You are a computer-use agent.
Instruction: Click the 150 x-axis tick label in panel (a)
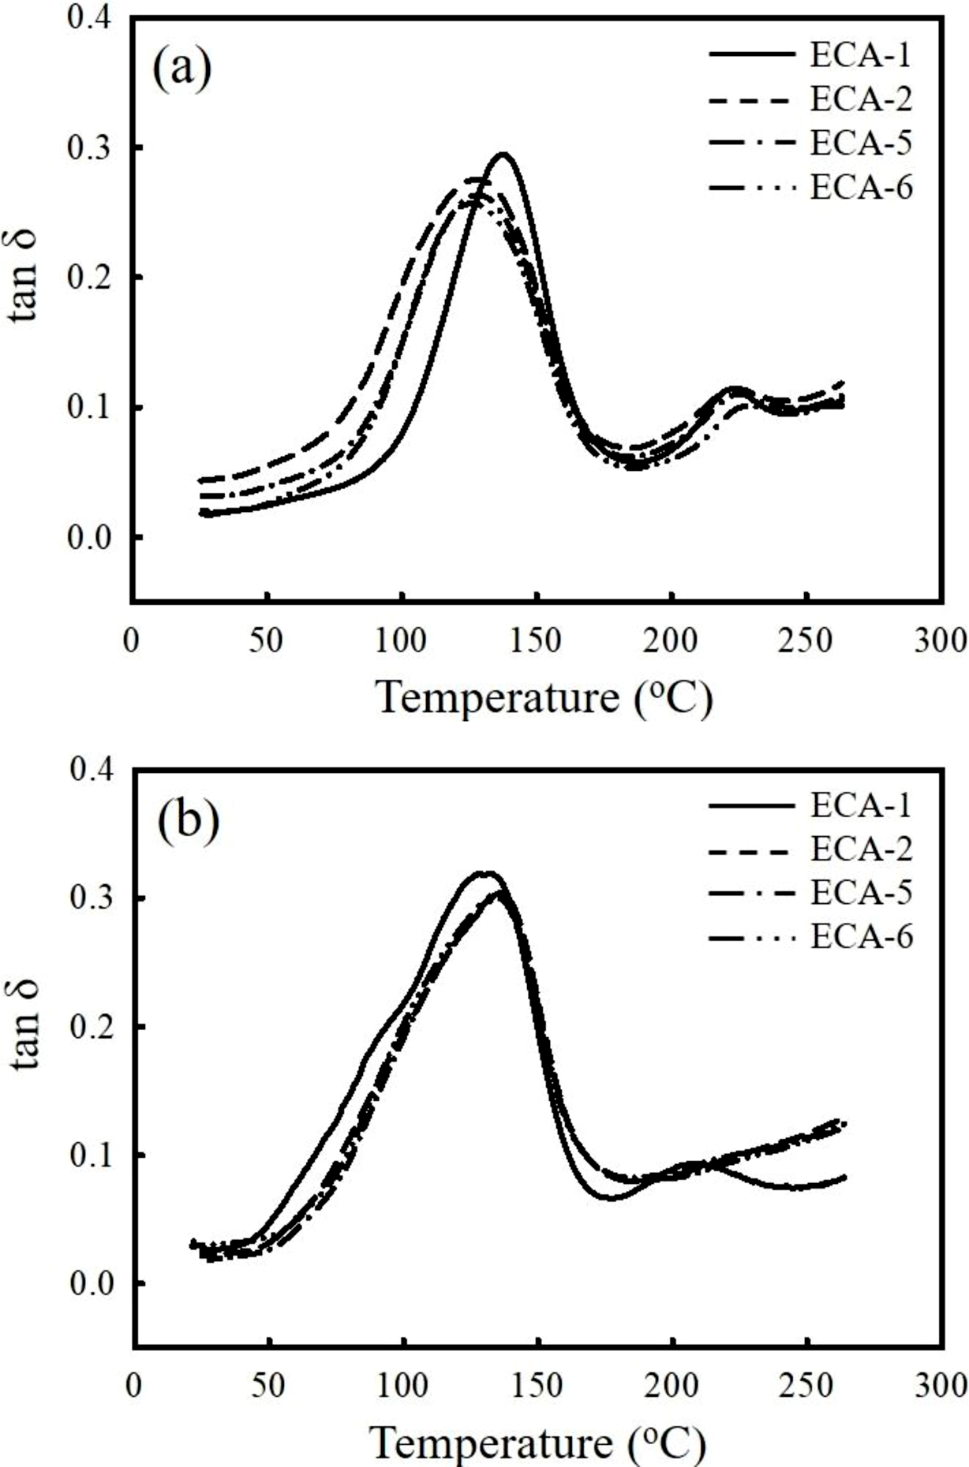coord(537,640)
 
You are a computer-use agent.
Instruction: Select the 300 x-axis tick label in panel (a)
coord(943,640)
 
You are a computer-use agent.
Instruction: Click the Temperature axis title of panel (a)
coord(544,697)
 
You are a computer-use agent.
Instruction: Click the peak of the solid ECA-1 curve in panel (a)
coord(503,154)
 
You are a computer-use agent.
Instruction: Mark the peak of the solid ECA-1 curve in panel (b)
coord(488,873)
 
